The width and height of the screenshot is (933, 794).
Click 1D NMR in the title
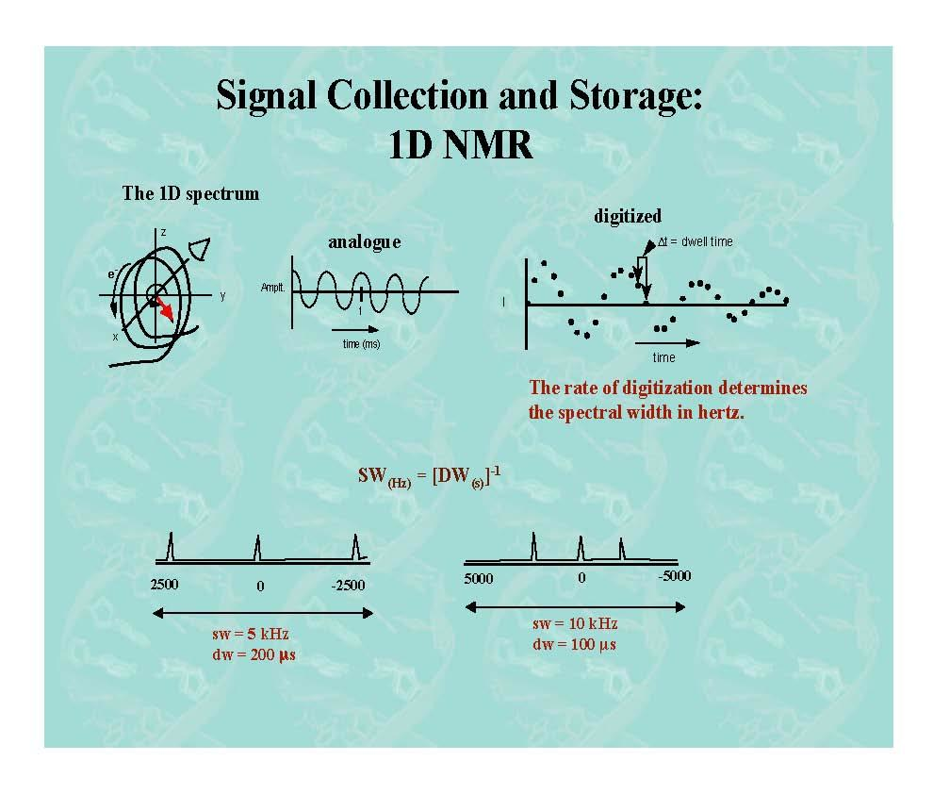point(460,145)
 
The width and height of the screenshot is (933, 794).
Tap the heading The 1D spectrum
point(190,194)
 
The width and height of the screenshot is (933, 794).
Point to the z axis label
point(163,232)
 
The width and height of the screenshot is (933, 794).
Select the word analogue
point(364,242)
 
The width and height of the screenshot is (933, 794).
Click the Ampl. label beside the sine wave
point(273,287)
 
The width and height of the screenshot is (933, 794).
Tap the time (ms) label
point(361,344)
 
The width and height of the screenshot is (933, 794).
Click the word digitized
point(628,216)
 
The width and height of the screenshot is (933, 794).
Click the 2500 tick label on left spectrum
point(164,585)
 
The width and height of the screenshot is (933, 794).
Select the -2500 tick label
point(348,586)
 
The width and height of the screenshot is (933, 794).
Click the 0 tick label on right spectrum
point(581,577)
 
